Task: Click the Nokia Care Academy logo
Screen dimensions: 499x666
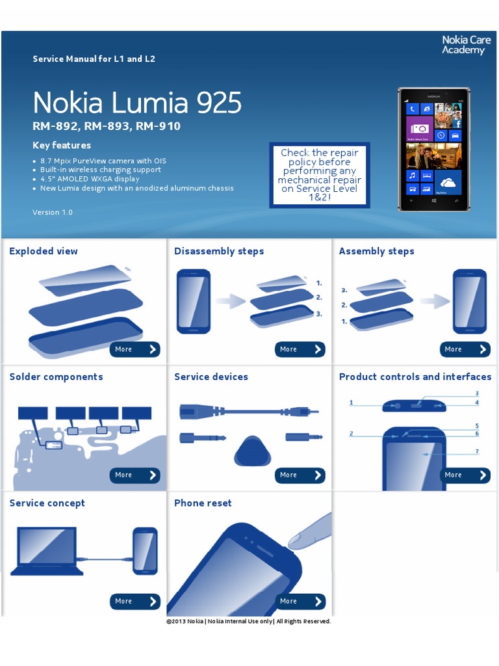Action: point(466,45)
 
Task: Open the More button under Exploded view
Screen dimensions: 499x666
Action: point(135,349)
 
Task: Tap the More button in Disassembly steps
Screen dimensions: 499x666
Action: point(300,349)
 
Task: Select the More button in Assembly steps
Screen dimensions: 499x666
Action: point(465,349)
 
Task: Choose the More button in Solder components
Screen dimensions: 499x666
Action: point(135,475)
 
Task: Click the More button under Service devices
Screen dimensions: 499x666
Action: point(300,475)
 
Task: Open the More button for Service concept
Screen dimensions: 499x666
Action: point(135,601)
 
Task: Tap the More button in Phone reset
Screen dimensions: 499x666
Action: point(300,601)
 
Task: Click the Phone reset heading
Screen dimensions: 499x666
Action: point(203,503)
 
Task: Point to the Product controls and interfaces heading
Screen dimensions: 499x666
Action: point(415,377)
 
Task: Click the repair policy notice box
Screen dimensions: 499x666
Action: point(320,175)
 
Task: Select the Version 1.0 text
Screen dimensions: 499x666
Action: point(53,213)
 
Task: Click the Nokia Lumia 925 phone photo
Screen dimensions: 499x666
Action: point(433,150)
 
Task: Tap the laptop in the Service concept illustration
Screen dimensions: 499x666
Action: point(46,552)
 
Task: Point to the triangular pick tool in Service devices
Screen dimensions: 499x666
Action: point(253,451)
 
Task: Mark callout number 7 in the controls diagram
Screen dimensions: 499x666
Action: point(477,451)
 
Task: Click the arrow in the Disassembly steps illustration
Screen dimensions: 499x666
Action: point(231,301)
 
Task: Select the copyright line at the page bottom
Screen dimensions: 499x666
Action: point(248,621)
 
